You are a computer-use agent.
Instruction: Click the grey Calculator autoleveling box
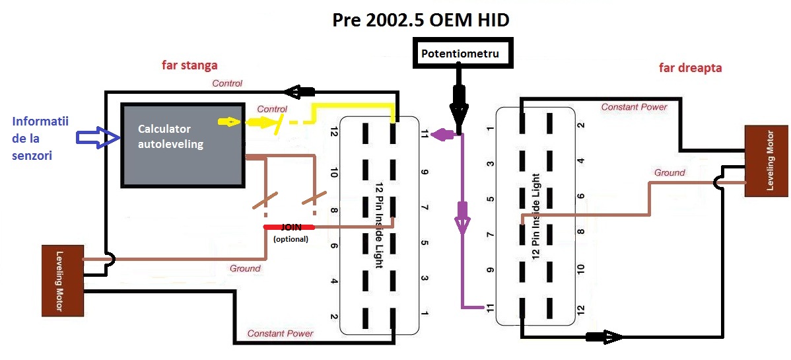tap(182, 145)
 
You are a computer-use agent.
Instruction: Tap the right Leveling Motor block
tap(766, 161)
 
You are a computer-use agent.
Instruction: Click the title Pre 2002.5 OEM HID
tap(421, 20)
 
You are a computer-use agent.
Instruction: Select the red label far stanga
tap(189, 65)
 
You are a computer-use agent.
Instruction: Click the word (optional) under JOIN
tap(291, 239)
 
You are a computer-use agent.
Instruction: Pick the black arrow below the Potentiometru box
tap(460, 103)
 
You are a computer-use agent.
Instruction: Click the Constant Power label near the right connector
tap(634, 106)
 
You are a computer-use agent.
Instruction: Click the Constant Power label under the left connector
tap(281, 334)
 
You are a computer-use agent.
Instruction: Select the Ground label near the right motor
tap(670, 172)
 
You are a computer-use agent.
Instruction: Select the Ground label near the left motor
tap(245, 268)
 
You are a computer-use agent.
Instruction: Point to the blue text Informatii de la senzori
tap(41, 139)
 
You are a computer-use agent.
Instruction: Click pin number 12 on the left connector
tap(334, 133)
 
